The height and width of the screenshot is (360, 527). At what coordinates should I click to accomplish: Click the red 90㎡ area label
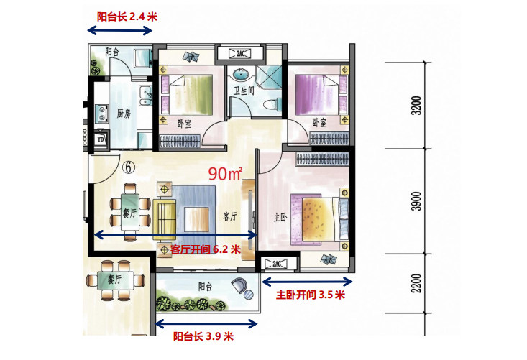(225, 173)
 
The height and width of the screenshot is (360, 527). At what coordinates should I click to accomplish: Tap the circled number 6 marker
(129, 167)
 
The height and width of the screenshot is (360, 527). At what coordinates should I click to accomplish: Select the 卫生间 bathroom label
(244, 90)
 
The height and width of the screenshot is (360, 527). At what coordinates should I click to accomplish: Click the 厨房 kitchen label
(124, 114)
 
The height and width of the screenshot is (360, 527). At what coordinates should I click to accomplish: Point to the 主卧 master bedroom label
(280, 218)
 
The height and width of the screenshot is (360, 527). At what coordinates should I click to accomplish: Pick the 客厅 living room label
(230, 216)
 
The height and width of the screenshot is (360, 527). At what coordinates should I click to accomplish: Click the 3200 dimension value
(417, 106)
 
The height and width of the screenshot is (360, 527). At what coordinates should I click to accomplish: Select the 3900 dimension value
(417, 201)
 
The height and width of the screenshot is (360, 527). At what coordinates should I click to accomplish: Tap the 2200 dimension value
(417, 283)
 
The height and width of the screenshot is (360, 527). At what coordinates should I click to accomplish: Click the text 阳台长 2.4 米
(127, 17)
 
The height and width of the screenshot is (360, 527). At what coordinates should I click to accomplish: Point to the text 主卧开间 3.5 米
(311, 295)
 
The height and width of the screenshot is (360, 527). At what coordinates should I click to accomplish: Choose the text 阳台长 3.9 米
(203, 336)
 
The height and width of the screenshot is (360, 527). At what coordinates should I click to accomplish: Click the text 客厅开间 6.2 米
(206, 249)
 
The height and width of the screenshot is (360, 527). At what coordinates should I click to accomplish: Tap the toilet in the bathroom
(272, 104)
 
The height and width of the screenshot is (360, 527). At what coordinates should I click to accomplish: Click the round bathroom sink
(241, 74)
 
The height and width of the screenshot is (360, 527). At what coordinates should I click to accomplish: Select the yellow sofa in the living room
(165, 220)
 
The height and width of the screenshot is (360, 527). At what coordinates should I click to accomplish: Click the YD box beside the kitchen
(100, 139)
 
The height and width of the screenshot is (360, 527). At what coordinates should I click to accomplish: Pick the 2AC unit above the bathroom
(240, 53)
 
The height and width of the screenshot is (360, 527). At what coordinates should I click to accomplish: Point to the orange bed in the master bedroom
(319, 219)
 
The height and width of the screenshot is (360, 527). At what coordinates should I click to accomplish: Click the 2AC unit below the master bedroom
(276, 264)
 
